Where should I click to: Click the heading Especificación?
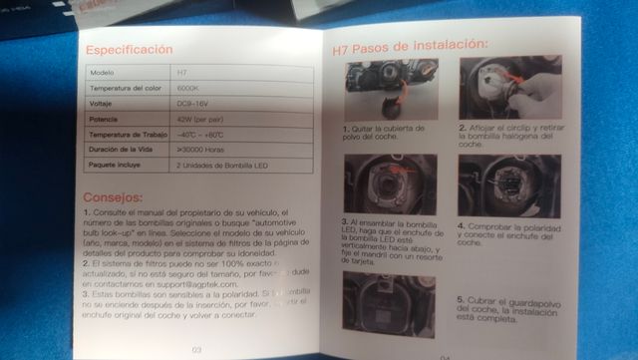(x=129, y=50)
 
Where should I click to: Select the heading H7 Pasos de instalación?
(x=409, y=45)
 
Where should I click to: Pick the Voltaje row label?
(x=105, y=103)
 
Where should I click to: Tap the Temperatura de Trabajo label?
(x=130, y=134)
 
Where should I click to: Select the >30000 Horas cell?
(x=203, y=149)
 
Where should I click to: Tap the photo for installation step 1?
(x=385, y=91)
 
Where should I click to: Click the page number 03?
(x=196, y=348)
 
